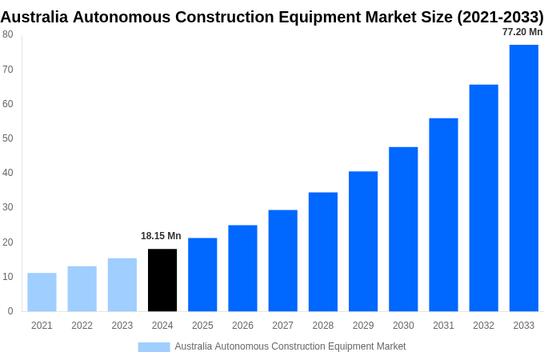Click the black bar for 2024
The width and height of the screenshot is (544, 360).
pos(162,280)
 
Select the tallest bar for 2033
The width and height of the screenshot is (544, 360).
pos(523,178)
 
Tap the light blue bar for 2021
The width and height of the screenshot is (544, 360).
pos(42,292)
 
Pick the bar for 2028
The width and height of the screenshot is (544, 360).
pos(322,251)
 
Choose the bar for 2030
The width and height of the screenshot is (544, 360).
pos(403,229)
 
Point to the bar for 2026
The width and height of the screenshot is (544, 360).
pos(242,268)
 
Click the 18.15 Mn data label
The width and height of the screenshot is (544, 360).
pos(161,236)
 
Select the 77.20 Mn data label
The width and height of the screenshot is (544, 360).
pos(522,32)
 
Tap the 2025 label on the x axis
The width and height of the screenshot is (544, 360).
pos(202,326)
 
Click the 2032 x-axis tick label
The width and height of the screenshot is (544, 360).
pos(483,326)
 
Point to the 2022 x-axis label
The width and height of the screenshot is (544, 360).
pos(82,326)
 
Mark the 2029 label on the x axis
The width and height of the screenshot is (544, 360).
pos(362,326)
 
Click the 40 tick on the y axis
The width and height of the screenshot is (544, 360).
pos(7,173)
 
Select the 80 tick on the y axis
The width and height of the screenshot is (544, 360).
pos(7,34)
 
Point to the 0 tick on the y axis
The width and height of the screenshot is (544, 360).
pos(10,311)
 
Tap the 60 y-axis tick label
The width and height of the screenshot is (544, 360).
pos(7,104)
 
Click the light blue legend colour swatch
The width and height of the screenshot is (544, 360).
pos(154,346)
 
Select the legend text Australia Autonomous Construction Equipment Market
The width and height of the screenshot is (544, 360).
pos(290,346)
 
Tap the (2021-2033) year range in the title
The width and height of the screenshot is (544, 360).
pos(500,17)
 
